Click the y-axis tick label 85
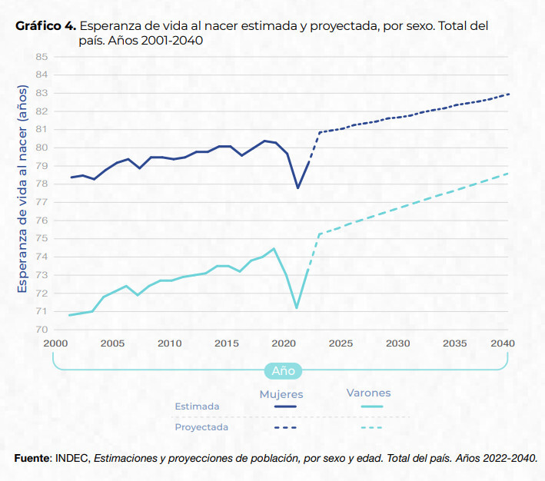[x=42, y=57]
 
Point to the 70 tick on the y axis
[x=42, y=330]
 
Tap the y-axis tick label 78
[x=42, y=184]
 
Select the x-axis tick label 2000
[x=55, y=343]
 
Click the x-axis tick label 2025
[x=340, y=343]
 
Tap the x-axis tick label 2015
[x=226, y=343]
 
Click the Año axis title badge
[x=283, y=370]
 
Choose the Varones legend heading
[x=368, y=393]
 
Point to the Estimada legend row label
[x=198, y=406]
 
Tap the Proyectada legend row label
[x=201, y=426]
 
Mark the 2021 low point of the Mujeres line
[x=297, y=187]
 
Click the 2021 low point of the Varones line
[x=297, y=307]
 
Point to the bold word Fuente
[x=32, y=458]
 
